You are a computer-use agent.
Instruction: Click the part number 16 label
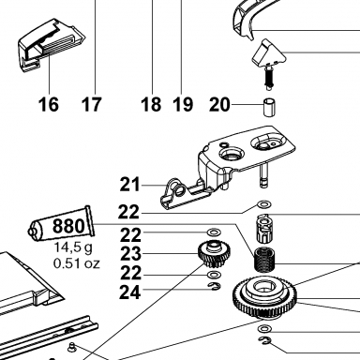(49, 104)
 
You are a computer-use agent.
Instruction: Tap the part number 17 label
(92, 104)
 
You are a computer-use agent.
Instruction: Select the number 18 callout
(151, 104)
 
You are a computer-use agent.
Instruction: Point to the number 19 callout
(183, 104)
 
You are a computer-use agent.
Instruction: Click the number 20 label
(219, 104)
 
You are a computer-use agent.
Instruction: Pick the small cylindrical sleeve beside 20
(269, 108)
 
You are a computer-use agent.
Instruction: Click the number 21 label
(130, 185)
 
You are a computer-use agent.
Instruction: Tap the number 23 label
(130, 254)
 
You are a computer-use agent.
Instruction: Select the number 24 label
(130, 292)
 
